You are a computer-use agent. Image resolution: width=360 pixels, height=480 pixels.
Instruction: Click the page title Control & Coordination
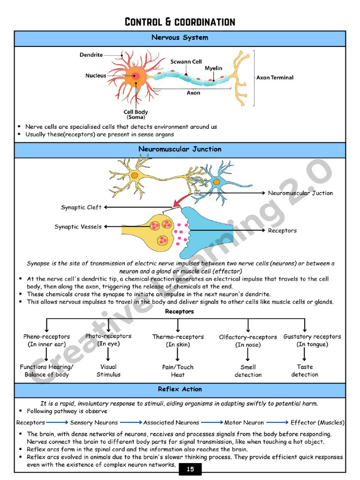[180, 22]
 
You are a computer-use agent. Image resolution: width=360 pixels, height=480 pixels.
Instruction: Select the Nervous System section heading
[180, 37]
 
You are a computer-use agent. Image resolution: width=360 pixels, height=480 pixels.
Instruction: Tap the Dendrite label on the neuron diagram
[91, 55]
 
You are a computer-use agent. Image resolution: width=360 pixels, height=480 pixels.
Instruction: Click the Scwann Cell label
[186, 61]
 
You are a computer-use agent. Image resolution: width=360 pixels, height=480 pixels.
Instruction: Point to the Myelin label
[213, 68]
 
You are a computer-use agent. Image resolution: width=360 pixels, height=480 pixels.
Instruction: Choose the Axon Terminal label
[275, 77]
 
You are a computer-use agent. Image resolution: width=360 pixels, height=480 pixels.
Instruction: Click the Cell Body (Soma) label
[136, 114]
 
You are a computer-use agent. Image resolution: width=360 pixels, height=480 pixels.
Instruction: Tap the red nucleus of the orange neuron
[136, 75]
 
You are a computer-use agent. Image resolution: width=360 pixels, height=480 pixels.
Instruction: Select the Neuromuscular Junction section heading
[180, 149]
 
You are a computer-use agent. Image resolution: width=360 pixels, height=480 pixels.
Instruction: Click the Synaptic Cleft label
[81, 207]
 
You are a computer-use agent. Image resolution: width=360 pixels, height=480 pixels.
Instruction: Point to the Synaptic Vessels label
[78, 227]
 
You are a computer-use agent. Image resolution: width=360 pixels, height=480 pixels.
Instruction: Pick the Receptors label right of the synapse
[282, 231]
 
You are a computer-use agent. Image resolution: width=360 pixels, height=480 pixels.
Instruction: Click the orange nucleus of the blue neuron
[217, 182]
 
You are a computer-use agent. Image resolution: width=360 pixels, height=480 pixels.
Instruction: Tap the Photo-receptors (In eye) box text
[108, 340]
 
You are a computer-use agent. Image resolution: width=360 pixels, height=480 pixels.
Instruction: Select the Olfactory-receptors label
[248, 337]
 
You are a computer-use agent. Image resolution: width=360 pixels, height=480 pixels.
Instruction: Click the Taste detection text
[305, 371]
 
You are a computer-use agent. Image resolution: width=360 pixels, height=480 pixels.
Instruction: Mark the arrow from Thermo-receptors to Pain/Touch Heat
[178, 354]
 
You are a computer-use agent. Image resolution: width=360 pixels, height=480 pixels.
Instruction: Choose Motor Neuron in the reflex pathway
[244, 422]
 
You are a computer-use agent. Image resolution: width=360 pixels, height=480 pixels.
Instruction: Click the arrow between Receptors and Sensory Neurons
[58, 422]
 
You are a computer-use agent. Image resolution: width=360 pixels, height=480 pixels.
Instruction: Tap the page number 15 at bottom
[190, 469]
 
